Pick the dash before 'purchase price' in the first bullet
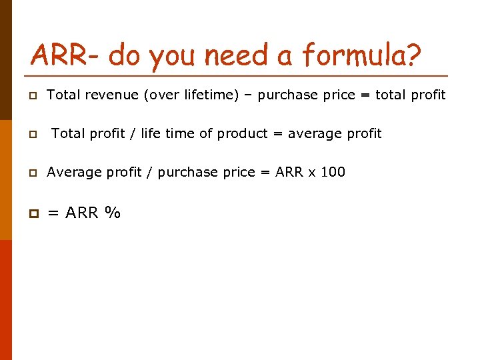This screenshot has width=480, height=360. coord(249,95)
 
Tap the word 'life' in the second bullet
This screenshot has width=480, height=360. coord(151,133)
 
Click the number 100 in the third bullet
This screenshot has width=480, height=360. coord(333,172)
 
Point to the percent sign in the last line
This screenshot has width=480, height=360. coord(113,213)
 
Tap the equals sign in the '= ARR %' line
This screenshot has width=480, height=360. coord(53,213)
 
